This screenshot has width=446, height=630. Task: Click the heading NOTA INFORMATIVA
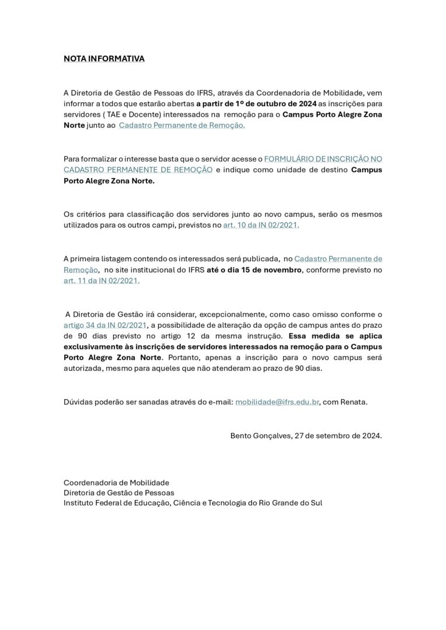[104, 59]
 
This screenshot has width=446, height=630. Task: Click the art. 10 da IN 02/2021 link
[261, 225]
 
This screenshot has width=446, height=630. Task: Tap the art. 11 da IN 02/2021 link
[102, 281]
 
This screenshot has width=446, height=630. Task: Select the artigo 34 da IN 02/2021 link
[105, 324]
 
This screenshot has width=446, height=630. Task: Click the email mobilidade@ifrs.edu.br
[277, 402]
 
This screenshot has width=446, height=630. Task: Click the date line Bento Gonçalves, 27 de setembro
[306, 435]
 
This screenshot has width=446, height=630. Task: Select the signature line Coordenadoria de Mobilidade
[116, 482]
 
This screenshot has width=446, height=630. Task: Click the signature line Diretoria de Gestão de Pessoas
[119, 492]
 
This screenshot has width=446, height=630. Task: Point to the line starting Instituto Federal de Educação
[193, 502]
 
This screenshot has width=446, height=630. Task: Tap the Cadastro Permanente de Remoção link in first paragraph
[182, 125]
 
